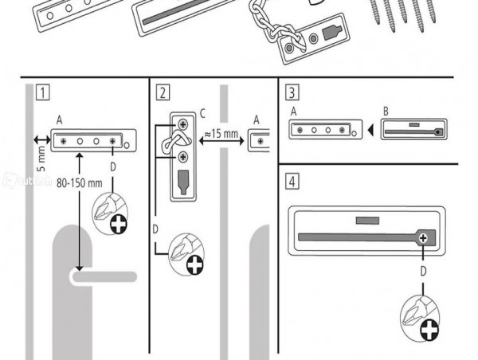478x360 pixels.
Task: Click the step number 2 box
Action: [x=163, y=92]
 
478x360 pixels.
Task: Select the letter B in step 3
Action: [x=385, y=112]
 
